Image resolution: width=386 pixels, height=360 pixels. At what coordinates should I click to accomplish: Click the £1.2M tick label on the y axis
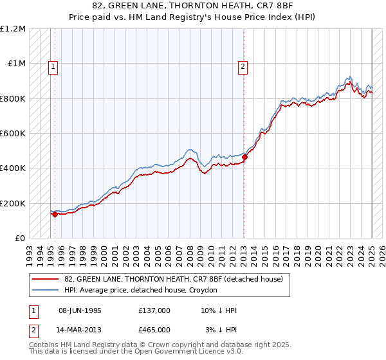(13, 29)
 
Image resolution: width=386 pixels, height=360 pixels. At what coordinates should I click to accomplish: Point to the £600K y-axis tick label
(13, 134)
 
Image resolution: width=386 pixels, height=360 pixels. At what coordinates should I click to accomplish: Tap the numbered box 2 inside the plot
(243, 65)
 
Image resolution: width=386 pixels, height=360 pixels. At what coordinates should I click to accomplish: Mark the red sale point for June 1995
(55, 215)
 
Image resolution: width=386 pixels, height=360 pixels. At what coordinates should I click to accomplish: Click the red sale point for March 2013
(244, 157)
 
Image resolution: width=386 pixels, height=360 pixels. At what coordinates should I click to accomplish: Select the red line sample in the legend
(46, 279)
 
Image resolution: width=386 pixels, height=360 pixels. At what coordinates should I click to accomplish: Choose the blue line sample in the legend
(46, 290)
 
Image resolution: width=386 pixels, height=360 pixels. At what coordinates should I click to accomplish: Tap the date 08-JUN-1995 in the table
(79, 310)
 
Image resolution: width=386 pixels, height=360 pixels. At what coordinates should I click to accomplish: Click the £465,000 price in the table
(154, 330)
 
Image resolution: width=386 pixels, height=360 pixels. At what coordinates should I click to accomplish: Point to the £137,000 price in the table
(154, 310)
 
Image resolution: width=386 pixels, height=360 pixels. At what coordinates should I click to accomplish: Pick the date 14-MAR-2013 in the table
(79, 330)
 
